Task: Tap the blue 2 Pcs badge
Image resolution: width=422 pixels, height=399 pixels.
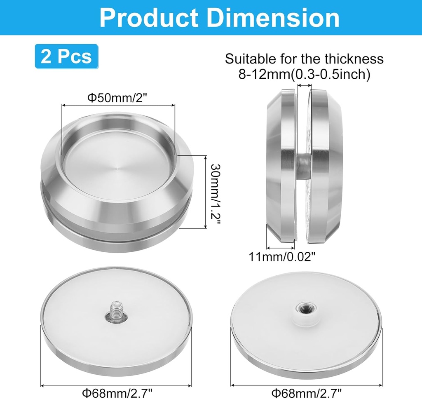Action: pyautogui.click(x=66, y=56)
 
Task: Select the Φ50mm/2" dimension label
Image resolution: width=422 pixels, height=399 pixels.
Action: pyautogui.click(x=118, y=98)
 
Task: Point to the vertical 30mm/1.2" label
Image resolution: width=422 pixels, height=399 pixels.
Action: pyautogui.click(x=216, y=192)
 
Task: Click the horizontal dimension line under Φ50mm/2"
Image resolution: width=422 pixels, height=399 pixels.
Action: pyautogui.click(x=118, y=106)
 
